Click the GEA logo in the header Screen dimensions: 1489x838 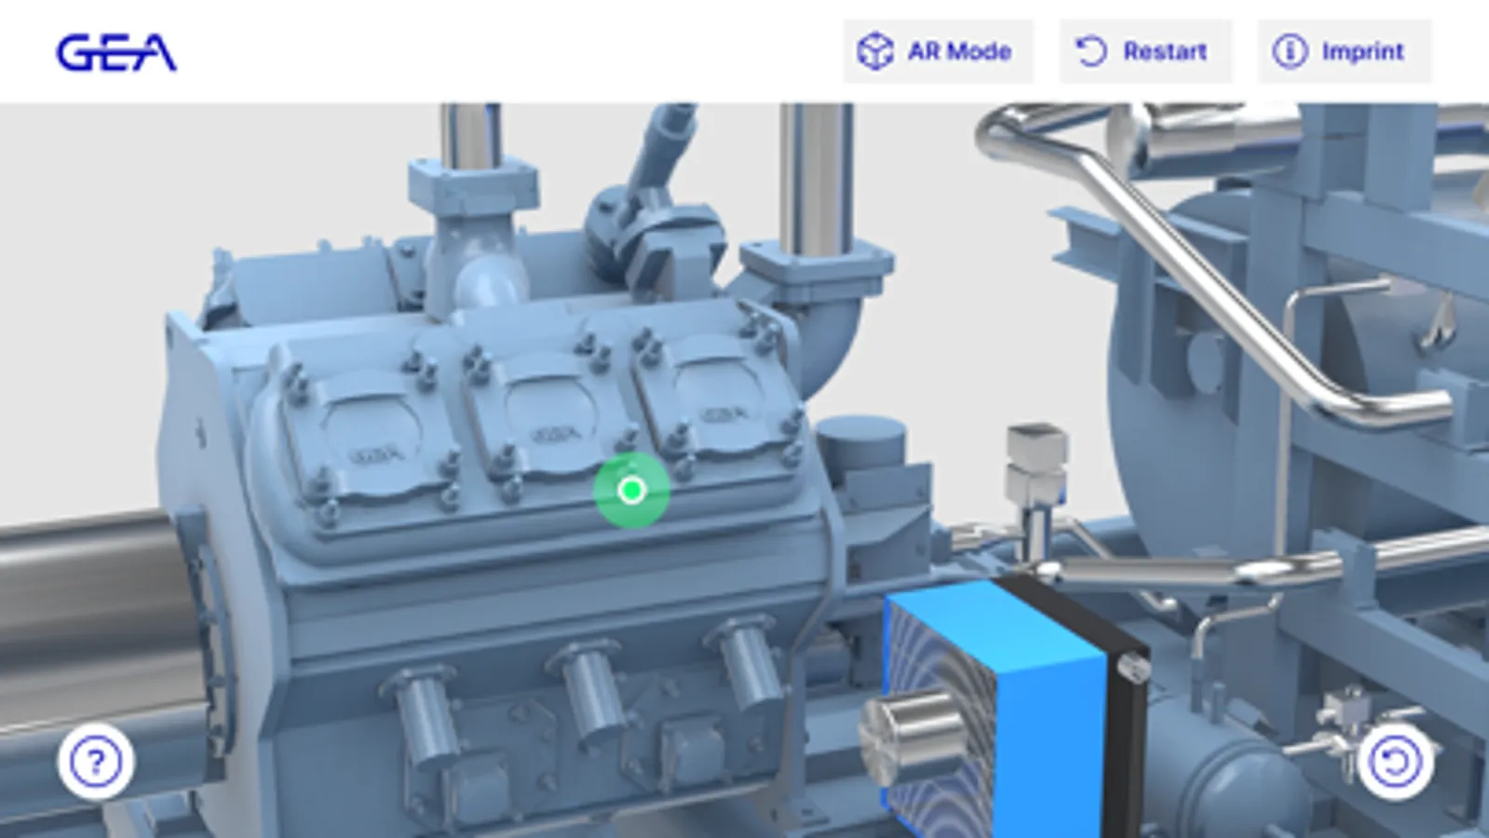pyautogui.click(x=116, y=52)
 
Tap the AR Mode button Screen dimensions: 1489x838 pyautogui.click(x=938, y=51)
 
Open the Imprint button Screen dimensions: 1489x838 pyautogui.click(x=1344, y=51)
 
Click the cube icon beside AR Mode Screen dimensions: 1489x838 pyautogui.click(x=874, y=51)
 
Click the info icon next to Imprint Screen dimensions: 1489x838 pyautogui.click(x=1290, y=51)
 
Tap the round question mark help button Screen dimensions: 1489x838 pyautogui.click(x=97, y=762)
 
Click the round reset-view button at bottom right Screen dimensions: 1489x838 pyautogui.click(x=1395, y=762)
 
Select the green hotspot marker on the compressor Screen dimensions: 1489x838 pyautogui.click(x=631, y=491)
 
